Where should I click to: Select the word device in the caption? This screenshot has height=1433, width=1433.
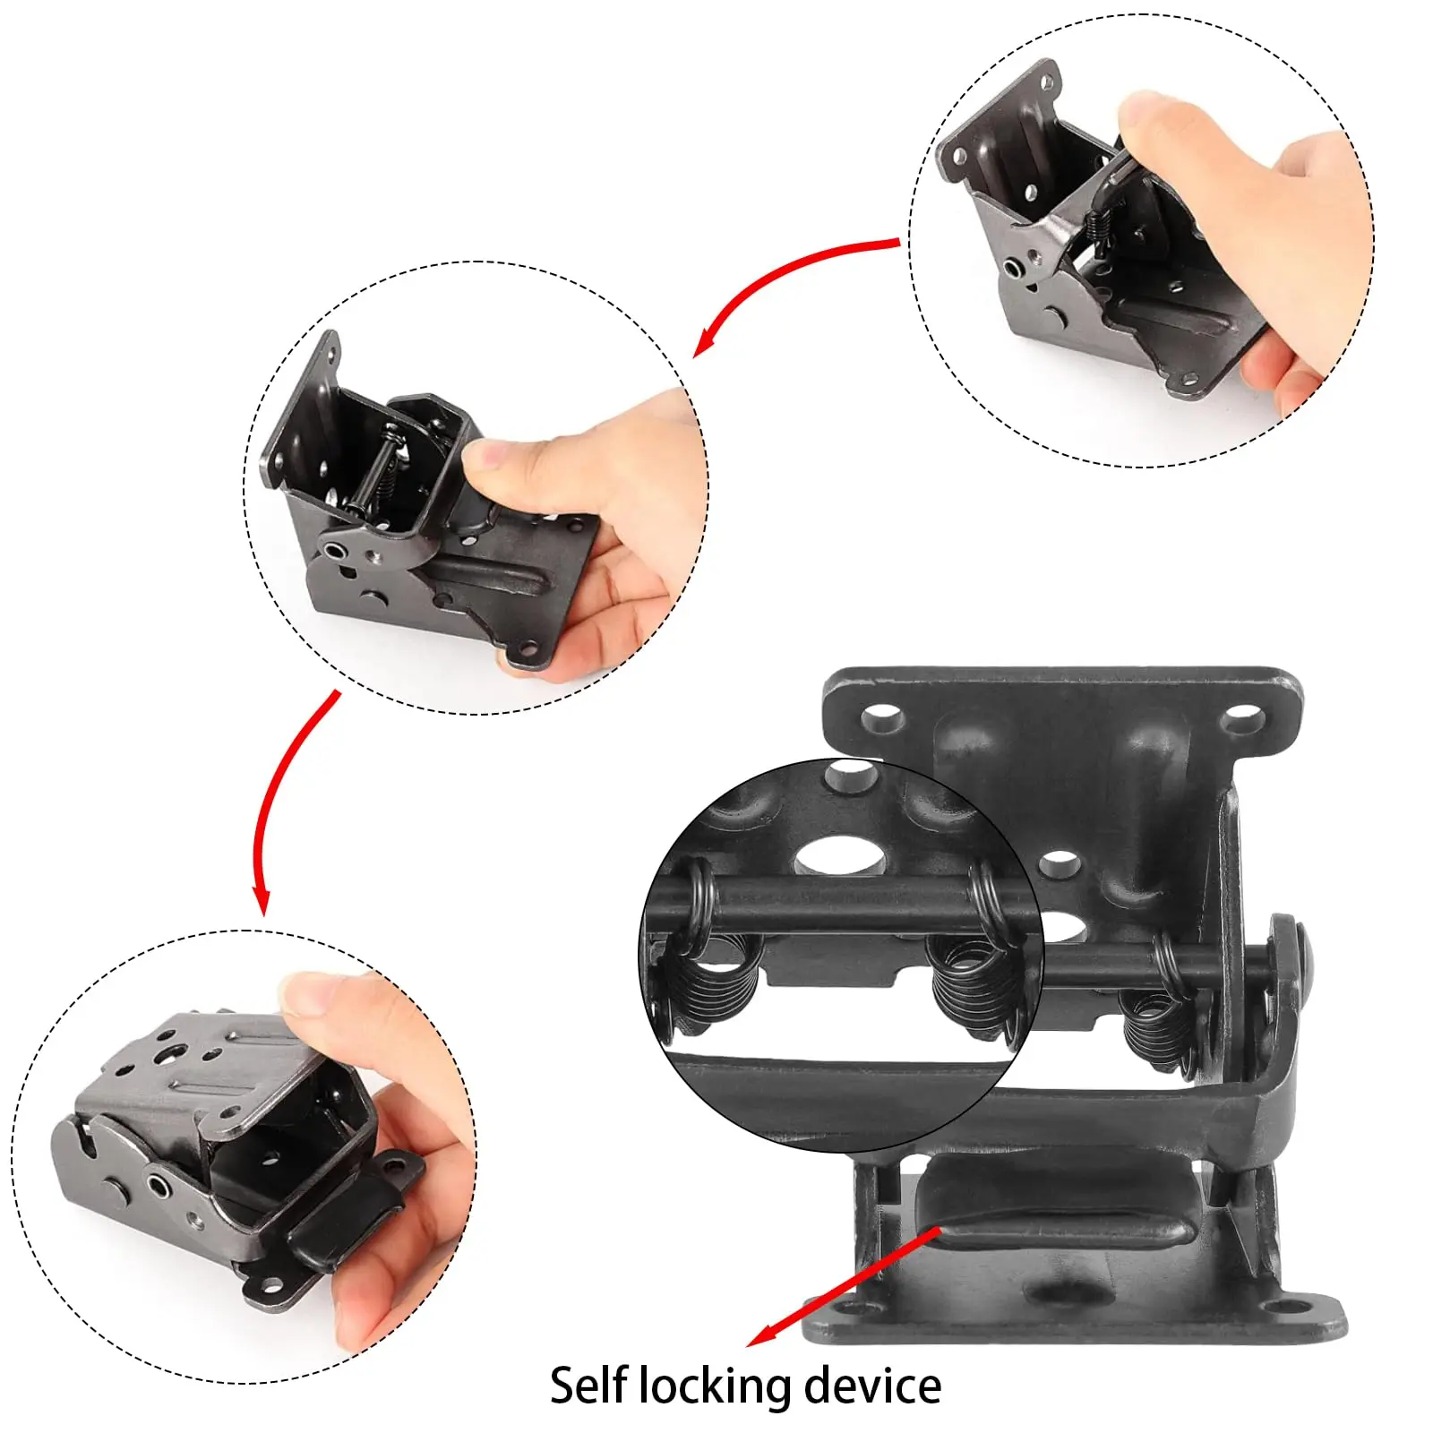[x=872, y=1386]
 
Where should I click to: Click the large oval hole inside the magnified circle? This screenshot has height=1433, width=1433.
[x=839, y=855]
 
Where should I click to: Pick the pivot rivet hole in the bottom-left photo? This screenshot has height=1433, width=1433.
[x=159, y=1188]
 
